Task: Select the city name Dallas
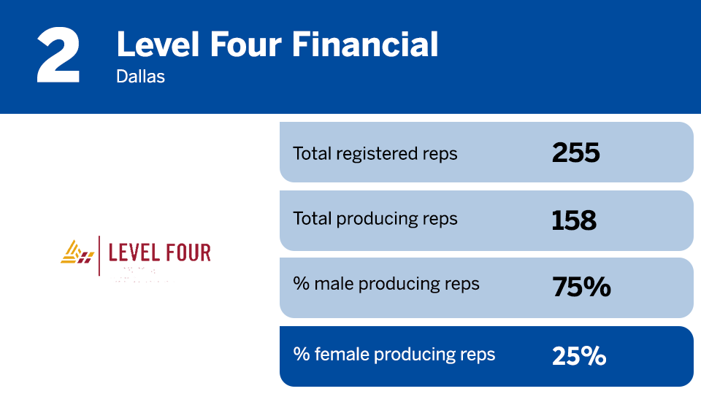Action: click(x=140, y=76)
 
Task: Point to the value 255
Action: click(x=575, y=153)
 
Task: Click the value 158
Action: click(x=574, y=220)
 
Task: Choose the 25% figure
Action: click(x=579, y=356)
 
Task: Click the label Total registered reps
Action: click(x=375, y=153)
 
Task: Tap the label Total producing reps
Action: click(x=375, y=219)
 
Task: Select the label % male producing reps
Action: click(x=386, y=284)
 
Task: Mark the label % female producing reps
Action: click(x=394, y=355)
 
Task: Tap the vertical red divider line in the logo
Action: click(x=99, y=255)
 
